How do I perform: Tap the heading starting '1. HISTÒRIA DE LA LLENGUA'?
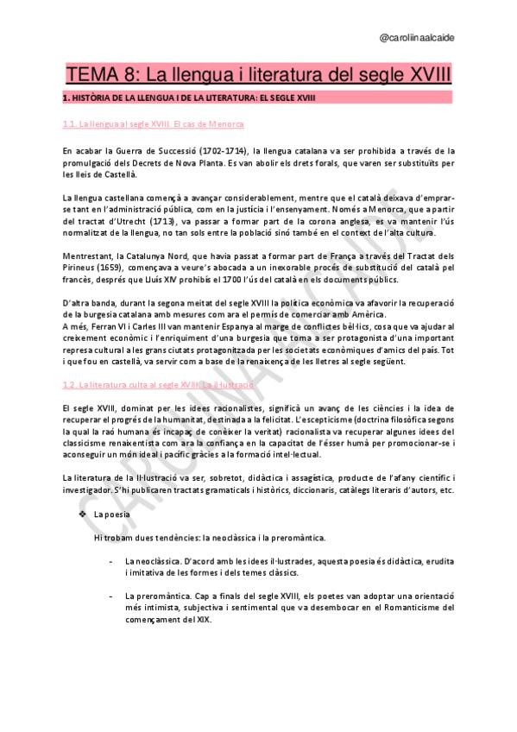click(x=189, y=98)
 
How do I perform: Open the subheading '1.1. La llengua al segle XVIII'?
click(x=153, y=125)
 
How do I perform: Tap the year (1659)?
click(x=110, y=268)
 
